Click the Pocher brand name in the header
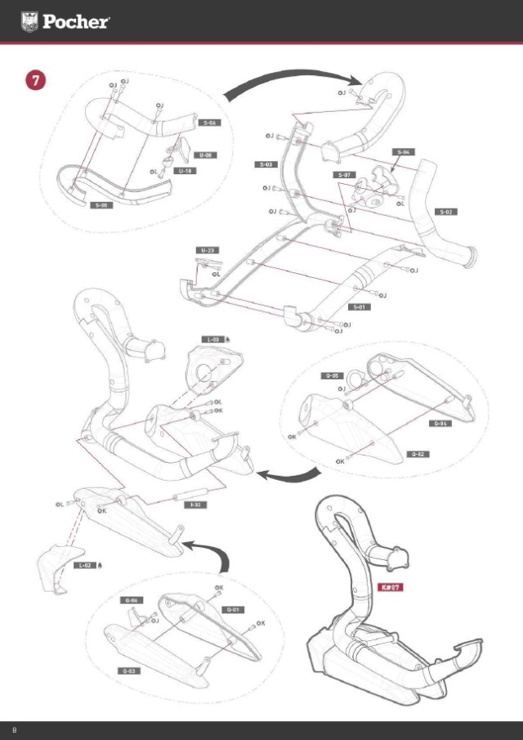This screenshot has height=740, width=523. pos(76,22)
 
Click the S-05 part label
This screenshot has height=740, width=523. pos(101,205)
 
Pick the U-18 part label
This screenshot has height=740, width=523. pos(186,172)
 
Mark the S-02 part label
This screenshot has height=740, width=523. pos(446,212)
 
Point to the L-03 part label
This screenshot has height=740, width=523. pos(212,339)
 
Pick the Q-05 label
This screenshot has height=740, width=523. pos(331,375)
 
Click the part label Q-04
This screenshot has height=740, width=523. pos(440,424)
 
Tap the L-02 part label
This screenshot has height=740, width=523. pos(85,565)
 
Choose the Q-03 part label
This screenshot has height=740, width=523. pos(129,670)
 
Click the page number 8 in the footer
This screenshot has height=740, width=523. pos(14,728)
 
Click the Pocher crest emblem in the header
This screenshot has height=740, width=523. pos(29,21)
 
